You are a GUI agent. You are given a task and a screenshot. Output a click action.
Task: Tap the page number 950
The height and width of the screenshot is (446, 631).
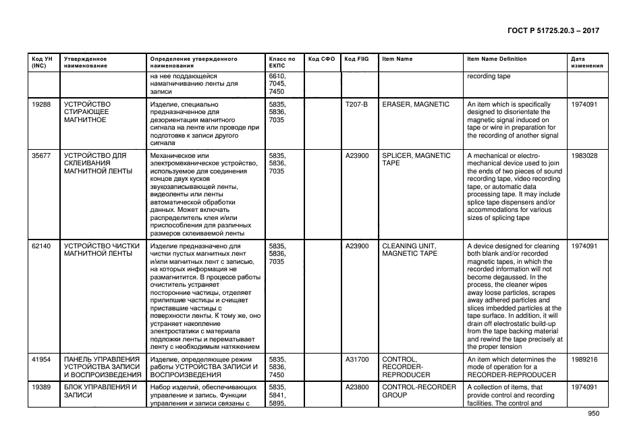tap(594, 414)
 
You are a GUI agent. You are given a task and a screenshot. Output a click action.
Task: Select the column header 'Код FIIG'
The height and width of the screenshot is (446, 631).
tap(356, 59)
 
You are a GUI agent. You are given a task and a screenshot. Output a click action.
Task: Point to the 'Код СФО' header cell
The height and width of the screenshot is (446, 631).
tap(321, 59)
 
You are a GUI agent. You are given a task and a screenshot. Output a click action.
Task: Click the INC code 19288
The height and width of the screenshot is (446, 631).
tap(41, 105)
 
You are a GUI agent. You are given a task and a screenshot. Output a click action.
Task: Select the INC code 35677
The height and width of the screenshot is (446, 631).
tap(41, 156)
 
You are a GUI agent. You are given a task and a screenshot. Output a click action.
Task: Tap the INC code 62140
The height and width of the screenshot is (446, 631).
tap(41, 246)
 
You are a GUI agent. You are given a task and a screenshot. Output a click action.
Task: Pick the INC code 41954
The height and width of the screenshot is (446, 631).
tap(41, 360)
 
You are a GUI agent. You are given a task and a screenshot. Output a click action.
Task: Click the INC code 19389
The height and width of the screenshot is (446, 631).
tap(41, 387)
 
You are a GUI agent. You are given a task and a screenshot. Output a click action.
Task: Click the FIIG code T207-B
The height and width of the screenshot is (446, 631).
tap(356, 105)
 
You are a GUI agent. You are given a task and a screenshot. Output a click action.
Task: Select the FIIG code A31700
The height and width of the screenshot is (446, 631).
tap(357, 360)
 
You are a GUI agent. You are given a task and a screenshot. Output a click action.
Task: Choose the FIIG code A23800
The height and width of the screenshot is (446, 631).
tap(357, 387)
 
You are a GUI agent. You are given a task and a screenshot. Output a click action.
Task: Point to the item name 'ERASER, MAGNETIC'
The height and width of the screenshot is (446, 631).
tap(415, 105)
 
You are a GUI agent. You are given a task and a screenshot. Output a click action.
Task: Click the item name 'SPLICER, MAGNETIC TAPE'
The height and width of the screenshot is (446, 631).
tap(416, 159)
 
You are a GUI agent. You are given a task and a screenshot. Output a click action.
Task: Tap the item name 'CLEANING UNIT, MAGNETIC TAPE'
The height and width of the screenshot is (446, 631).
tap(410, 250)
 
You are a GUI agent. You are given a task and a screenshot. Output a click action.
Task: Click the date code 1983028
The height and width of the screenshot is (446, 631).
tap(584, 156)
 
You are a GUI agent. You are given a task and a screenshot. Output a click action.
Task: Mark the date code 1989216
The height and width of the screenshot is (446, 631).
tap(584, 360)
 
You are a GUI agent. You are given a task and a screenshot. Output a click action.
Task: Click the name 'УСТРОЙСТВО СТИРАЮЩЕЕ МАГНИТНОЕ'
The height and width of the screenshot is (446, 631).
tap(87, 112)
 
